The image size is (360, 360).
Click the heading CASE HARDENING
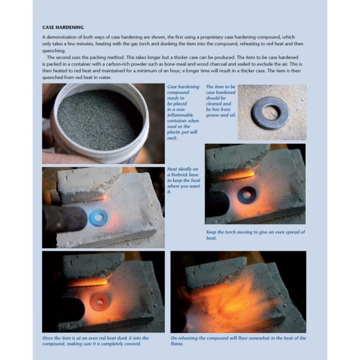[63, 27]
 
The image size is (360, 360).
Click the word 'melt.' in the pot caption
[172, 138]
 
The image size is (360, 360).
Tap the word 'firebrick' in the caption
[185, 175]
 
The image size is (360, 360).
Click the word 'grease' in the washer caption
[212, 115]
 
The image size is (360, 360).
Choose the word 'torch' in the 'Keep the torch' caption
[230, 232]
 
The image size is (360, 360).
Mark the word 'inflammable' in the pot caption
[180, 115]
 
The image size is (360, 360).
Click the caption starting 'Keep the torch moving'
[255, 235]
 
